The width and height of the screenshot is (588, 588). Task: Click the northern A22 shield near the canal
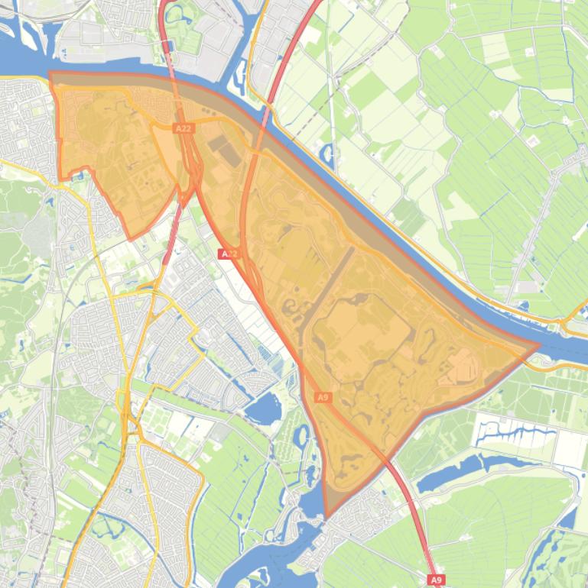pyautogui.click(x=183, y=129)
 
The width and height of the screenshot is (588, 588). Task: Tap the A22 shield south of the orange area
pyautogui.click(x=229, y=254)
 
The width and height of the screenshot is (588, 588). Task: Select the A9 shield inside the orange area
pyautogui.click(x=323, y=397)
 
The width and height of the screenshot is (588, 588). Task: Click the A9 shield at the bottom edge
pyautogui.click(x=436, y=580)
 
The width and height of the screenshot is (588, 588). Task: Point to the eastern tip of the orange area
pyautogui.click(x=538, y=344)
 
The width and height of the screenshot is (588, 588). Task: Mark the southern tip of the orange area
pyautogui.click(x=326, y=517)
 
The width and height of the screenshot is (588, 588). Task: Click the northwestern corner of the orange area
pyautogui.click(x=50, y=74)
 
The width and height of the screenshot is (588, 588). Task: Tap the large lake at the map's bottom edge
pyautogui.click(x=260, y=565)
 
